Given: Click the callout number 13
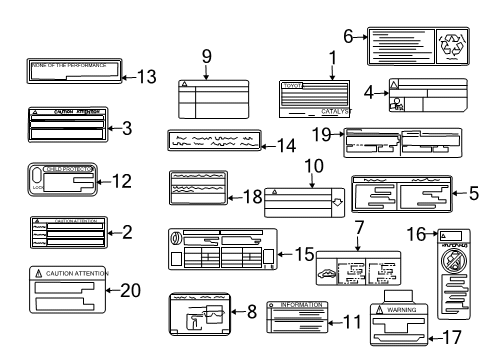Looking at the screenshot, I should pos(147,76).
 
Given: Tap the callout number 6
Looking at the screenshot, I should pos(349,36).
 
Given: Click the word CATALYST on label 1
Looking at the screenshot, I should pos(335,112).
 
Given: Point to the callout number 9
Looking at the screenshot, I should pos(208,56).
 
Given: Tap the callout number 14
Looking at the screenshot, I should pos(286,146).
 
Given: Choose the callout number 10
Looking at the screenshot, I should pos(312,163).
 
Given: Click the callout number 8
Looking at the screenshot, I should pos(252,310).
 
